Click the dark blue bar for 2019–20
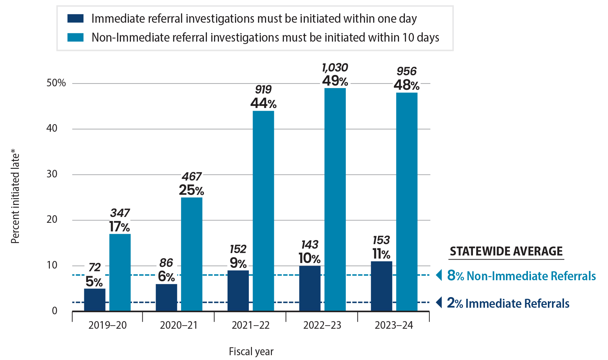pyautogui.click(x=95, y=299)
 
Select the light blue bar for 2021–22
pyautogui.click(x=263, y=210)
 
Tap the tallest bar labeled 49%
pyautogui.click(x=335, y=199)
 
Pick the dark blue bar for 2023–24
pyautogui.click(x=381, y=286)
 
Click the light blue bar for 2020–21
pyautogui.click(x=192, y=254)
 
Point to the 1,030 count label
pyautogui.click(x=335, y=67)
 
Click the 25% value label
pyautogui.click(x=191, y=190)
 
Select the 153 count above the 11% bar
pyautogui.click(x=381, y=240)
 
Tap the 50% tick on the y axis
pyautogui.click(x=56, y=83)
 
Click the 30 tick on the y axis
pyautogui.click(x=52, y=174)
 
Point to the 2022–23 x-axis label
pyautogui.click(x=322, y=325)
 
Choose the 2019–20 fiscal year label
pyautogui.click(x=108, y=325)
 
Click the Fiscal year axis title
pyautogui.click(x=251, y=351)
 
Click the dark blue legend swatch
pyautogui.click(x=75, y=19)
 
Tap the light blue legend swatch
pyautogui.click(x=75, y=37)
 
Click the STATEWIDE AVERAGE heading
pyautogui.click(x=506, y=251)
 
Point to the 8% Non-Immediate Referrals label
pyautogui.click(x=521, y=276)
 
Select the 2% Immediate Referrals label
pyautogui.click(x=508, y=303)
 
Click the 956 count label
pyautogui.click(x=407, y=71)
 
